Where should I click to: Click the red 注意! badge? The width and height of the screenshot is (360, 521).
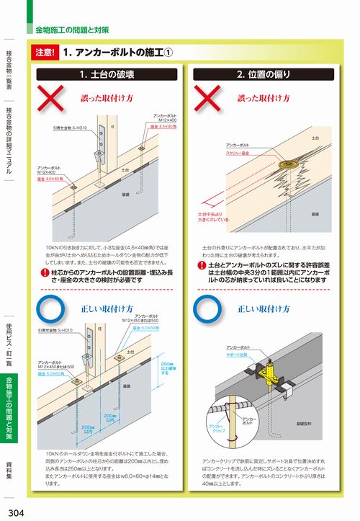point(45,53)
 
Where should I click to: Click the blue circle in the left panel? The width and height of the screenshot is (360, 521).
point(53,308)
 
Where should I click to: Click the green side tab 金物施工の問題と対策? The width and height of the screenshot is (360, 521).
point(9,407)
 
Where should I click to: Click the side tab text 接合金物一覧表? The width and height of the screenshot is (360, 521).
point(9,72)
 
